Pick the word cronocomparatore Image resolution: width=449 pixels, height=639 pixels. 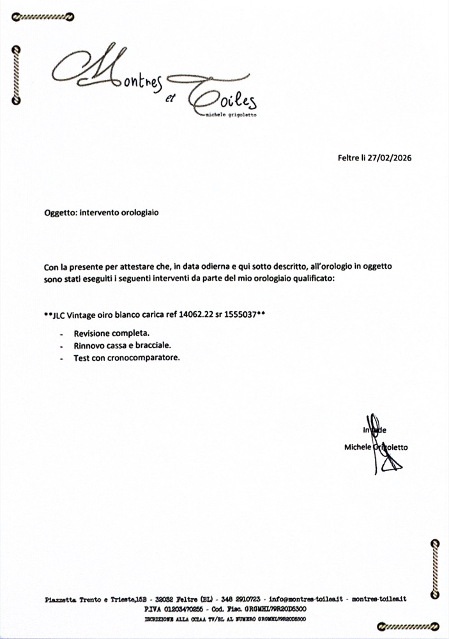click(147, 358)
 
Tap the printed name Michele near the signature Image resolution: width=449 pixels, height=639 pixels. click(357, 447)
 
